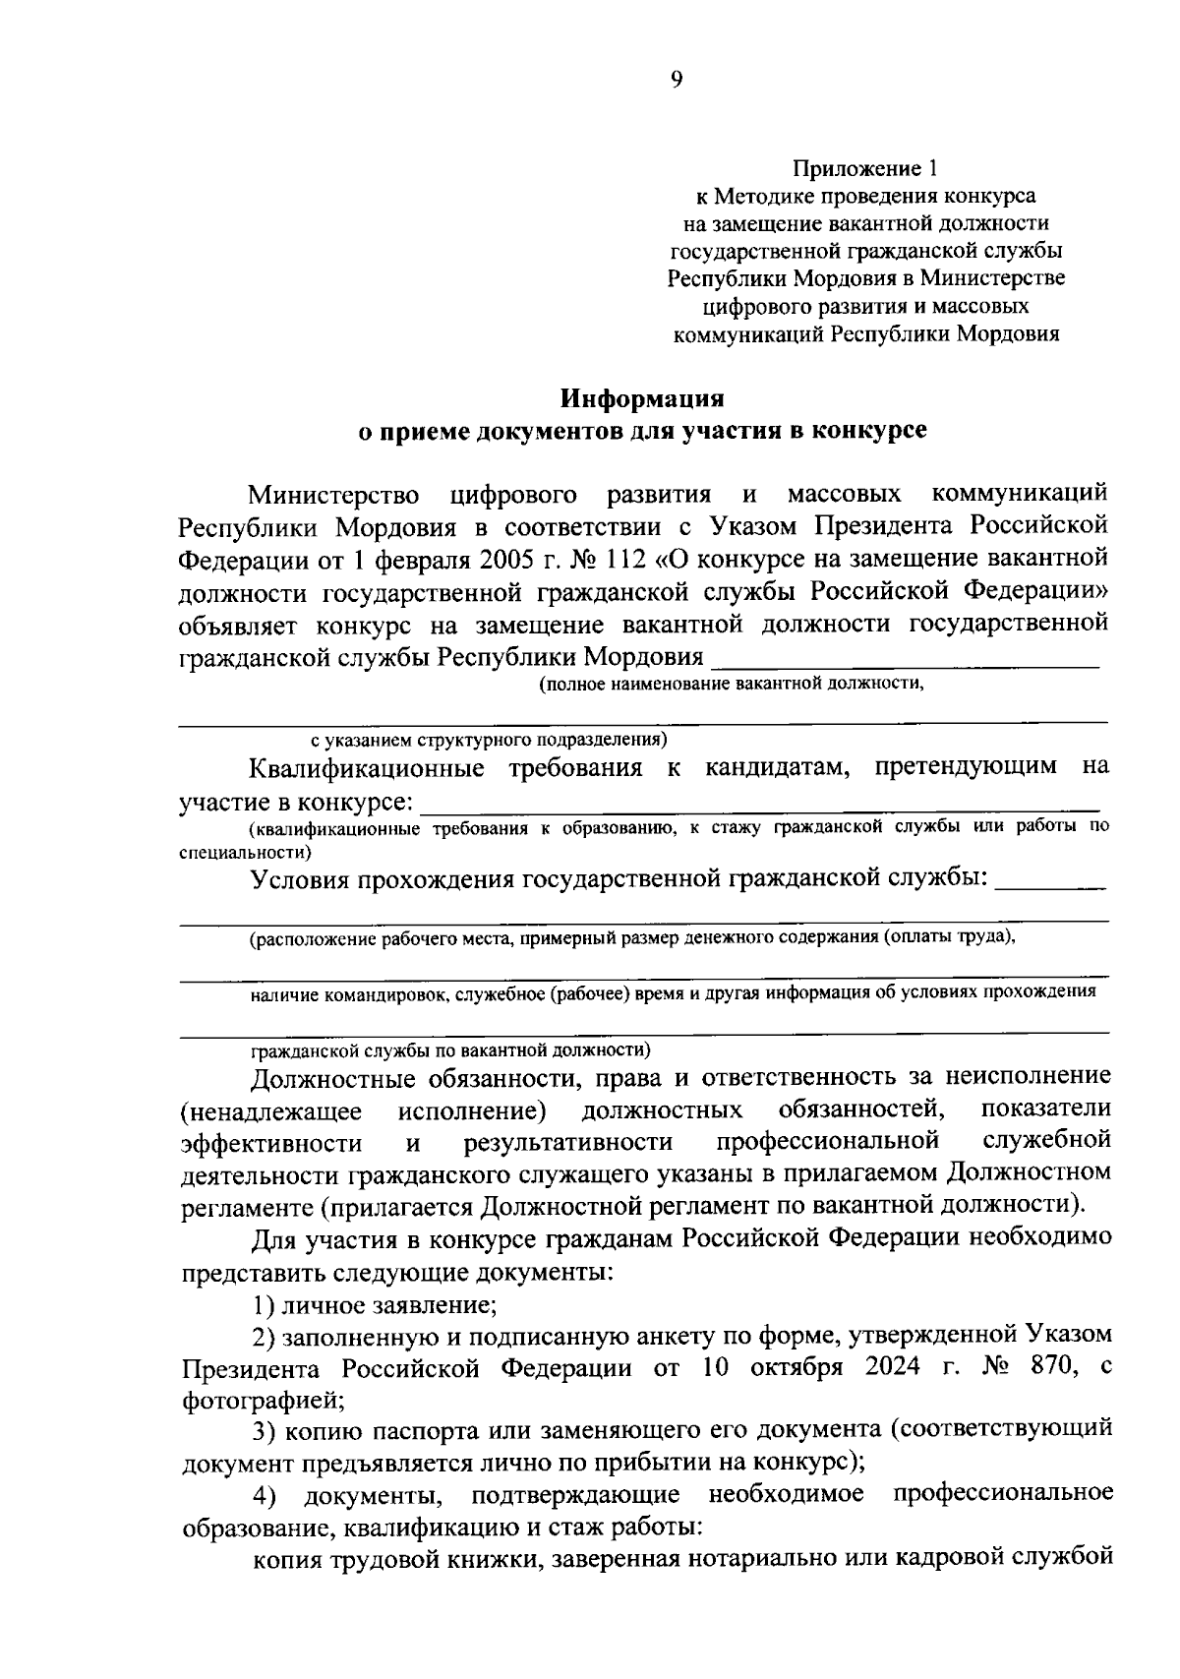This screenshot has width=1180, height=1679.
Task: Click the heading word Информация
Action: pos(642,399)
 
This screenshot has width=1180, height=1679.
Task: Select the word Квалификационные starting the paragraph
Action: pos(367,767)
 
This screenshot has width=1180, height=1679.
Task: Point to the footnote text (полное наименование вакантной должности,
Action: pos(733,686)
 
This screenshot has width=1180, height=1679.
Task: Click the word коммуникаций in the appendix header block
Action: pos(747,334)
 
